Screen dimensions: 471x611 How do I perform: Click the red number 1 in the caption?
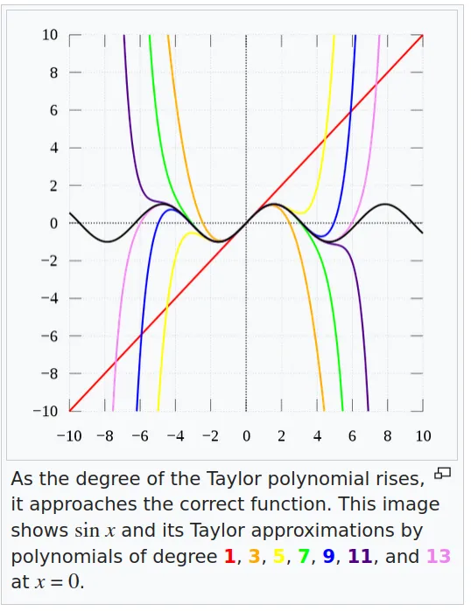[229, 556]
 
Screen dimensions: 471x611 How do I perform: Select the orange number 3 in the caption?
[254, 556]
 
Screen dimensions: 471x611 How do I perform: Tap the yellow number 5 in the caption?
[279, 556]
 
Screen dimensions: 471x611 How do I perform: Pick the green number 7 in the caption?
[304, 556]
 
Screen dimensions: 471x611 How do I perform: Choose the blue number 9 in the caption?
[328, 556]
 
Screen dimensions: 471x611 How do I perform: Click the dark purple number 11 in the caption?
[360, 556]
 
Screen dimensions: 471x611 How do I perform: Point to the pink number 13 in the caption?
[439, 556]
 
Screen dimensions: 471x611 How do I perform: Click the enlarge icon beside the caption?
[442, 473]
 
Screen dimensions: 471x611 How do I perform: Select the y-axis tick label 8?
[53, 73]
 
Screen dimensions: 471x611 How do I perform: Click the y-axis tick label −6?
[50, 336]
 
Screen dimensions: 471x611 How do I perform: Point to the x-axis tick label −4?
[175, 436]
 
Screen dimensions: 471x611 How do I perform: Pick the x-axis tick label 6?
[352, 436]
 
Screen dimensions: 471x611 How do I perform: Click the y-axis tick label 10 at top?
[50, 35]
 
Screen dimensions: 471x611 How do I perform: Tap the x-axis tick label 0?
[246, 436]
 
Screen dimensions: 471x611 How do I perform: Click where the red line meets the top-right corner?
[423, 35]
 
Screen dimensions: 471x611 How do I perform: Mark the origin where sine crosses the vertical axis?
[246, 223]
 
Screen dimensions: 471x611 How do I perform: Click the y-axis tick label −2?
[50, 260]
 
